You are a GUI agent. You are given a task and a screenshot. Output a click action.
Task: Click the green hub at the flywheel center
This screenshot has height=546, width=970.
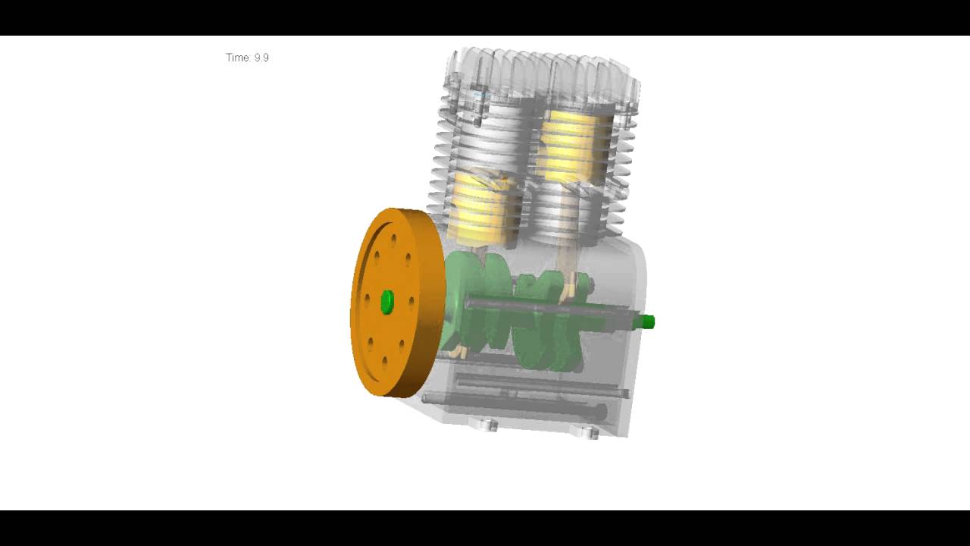click(386, 301)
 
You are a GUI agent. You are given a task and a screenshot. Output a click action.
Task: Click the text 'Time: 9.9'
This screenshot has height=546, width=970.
click(247, 58)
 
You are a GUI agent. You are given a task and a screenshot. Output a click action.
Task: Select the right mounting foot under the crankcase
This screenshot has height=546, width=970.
click(585, 431)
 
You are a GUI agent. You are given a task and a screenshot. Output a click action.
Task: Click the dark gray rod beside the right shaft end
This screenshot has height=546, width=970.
click(546, 306)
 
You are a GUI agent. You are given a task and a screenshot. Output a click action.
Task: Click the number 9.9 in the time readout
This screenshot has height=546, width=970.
click(261, 58)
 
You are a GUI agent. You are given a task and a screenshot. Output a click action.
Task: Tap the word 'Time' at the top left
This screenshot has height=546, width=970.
click(236, 58)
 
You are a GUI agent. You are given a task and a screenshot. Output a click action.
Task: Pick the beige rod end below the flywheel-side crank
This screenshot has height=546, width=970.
click(458, 351)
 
